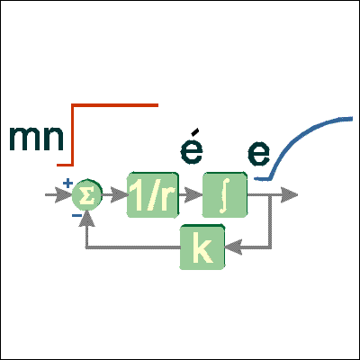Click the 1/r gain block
click(x=153, y=194)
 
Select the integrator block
click(x=225, y=194)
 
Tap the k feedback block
click(x=202, y=247)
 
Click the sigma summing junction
click(x=87, y=195)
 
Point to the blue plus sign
click(x=67, y=183)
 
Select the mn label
click(x=36, y=139)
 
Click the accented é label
click(x=192, y=146)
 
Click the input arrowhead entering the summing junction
click(x=63, y=195)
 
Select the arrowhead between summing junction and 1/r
click(x=119, y=195)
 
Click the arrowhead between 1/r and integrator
click(x=193, y=195)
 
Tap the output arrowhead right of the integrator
click(x=289, y=195)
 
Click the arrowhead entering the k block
click(x=233, y=247)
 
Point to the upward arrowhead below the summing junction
click(x=87, y=218)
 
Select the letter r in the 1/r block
click(x=168, y=199)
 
